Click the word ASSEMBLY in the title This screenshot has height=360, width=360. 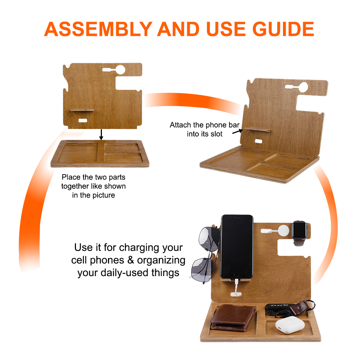click(x=98, y=29)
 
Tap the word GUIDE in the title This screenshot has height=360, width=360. click(x=283, y=29)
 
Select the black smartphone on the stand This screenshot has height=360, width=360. click(x=237, y=247)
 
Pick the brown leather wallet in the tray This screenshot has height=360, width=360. click(x=233, y=318)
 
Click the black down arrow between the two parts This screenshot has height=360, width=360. click(x=101, y=135)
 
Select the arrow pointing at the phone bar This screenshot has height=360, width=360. click(x=237, y=131)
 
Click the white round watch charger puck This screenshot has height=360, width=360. click(x=283, y=230)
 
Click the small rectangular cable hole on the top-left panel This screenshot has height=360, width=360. click(x=83, y=121)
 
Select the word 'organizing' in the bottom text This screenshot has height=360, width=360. click(x=161, y=261)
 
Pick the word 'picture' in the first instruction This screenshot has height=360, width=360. click(x=104, y=195)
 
